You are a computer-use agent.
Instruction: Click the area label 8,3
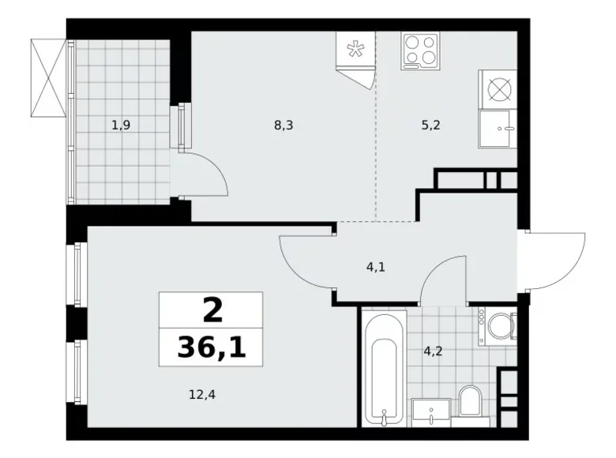283,123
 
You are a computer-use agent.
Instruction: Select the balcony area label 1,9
121,123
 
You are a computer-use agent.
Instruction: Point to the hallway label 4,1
377,268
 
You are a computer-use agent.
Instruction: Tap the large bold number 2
212,310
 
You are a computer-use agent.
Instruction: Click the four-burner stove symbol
420,51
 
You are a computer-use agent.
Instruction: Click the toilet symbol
471,400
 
